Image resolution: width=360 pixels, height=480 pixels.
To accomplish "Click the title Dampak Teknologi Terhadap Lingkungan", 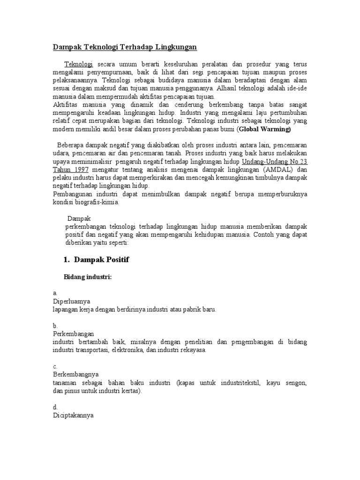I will [x=124, y=47].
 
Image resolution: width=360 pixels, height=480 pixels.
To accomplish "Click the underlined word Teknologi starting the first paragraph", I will [x=79, y=64].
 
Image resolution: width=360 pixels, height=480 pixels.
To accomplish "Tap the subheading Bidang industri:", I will [x=88, y=277].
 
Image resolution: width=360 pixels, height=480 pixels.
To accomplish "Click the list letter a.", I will [x=54, y=293].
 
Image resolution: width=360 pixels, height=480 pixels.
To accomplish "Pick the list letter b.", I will [x=55, y=326].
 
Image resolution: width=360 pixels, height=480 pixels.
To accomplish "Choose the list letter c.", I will [x=54, y=367].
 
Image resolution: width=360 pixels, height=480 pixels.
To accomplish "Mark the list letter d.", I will [x=55, y=407].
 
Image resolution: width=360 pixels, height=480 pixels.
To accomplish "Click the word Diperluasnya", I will [x=71, y=301].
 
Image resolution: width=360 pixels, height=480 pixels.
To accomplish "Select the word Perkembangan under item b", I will [x=74, y=334].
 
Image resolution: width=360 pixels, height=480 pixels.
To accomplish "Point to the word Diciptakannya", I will [x=73, y=415].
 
